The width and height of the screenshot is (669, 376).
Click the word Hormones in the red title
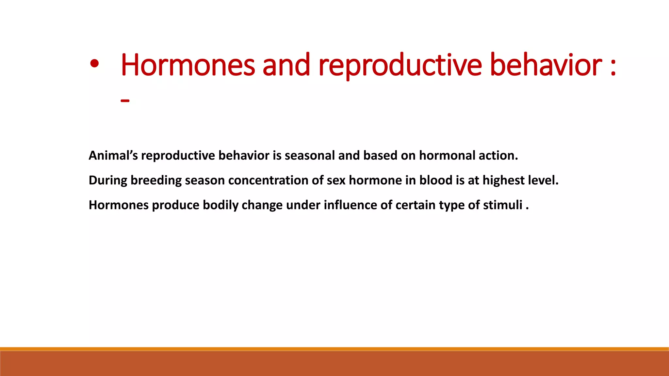tap(188, 65)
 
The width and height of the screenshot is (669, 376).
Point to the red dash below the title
tap(125, 101)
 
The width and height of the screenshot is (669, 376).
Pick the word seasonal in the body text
tap(309, 156)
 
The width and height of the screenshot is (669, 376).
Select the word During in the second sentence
tap(107, 180)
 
